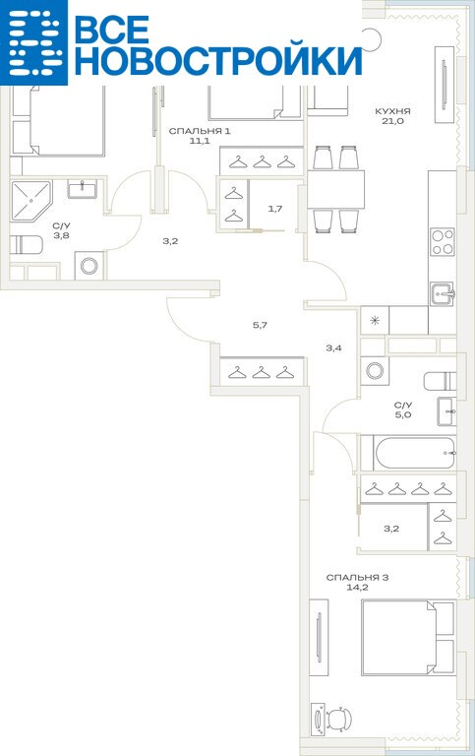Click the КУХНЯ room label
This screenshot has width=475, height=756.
392,111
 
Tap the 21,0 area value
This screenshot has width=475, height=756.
392,121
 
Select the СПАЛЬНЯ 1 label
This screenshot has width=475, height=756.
200,131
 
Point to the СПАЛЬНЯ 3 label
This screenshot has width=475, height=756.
357,577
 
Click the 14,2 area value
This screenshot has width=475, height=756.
357,588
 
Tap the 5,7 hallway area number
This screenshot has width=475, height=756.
260,325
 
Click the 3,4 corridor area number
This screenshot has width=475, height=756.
333,347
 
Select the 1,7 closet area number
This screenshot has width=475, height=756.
275,209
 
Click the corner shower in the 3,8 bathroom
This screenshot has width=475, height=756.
30,200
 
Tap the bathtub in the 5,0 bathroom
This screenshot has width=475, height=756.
414,453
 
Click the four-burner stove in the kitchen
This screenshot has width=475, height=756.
443,242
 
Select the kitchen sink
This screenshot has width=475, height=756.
443,293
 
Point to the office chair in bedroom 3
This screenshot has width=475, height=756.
338,719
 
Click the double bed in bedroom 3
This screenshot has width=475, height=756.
408,637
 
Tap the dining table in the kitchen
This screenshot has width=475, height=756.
335,189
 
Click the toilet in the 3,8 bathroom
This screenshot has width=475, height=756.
27,244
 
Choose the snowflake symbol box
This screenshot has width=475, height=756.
376,320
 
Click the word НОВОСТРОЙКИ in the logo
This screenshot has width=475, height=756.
218,61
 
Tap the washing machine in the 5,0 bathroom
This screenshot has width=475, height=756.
375,371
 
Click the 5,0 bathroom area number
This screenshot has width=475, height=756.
403,414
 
